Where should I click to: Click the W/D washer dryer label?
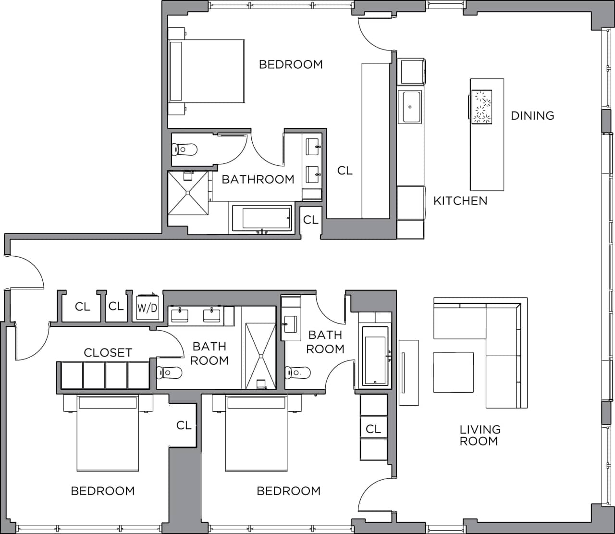(x=147, y=308)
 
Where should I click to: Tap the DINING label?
(x=532, y=115)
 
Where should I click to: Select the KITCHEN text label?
(x=460, y=200)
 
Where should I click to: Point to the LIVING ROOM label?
(x=480, y=435)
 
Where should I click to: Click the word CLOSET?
(x=108, y=352)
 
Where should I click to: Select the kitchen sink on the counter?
(x=411, y=107)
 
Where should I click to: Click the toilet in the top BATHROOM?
(x=185, y=149)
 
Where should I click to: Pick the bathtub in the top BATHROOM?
(x=262, y=218)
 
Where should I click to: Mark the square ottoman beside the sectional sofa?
(x=453, y=372)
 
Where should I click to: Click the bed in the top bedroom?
(x=207, y=71)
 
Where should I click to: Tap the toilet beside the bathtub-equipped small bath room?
(x=298, y=372)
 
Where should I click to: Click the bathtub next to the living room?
(x=374, y=356)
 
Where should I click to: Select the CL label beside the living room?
(x=373, y=429)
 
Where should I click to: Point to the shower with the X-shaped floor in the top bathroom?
(x=188, y=193)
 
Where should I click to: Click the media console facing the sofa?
(x=408, y=373)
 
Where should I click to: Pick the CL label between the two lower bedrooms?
(x=184, y=425)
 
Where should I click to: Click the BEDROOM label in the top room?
(x=291, y=64)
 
